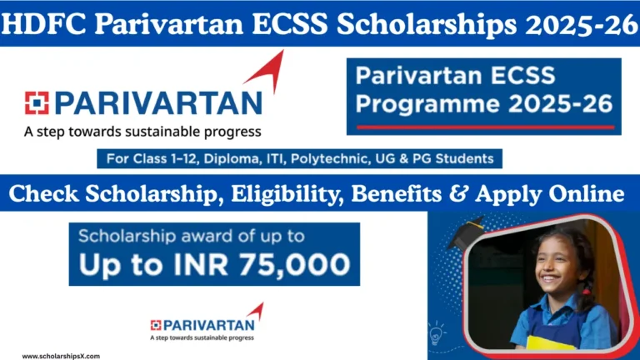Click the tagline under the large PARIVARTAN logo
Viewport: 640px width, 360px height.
click(x=142, y=131)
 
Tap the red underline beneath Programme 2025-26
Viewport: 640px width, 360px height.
click(x=484, y=127)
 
